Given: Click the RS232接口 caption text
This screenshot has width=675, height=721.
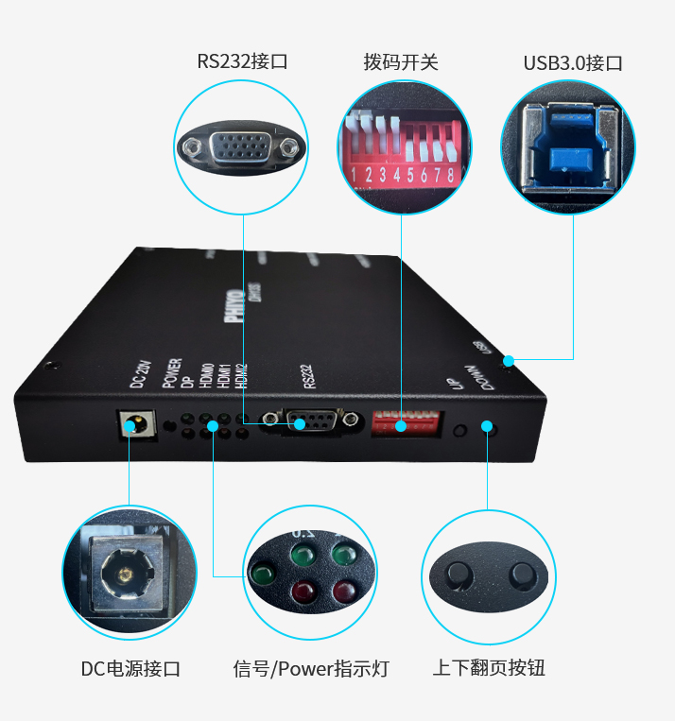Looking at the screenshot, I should tap(242, 62).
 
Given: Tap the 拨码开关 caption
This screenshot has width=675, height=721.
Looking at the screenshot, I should tap(401, 62).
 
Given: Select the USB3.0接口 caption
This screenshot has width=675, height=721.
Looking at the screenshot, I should tap(573, 63).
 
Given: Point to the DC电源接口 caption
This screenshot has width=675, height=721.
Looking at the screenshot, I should tap(130, 669).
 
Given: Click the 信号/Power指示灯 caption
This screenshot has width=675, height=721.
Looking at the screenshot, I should tap(311, 669).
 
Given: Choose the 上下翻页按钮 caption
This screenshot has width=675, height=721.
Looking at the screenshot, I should tap(489, 668).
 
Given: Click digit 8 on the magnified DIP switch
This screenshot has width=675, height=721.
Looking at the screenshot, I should tap(451, 175).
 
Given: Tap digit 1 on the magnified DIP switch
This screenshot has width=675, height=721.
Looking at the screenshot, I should tap(353, 175).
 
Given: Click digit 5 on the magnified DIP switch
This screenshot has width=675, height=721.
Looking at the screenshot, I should tap(410, 175).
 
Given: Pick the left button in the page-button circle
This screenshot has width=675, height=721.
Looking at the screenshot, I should tap(459, 575).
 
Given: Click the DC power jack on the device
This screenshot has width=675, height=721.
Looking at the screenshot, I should tap(137, 423).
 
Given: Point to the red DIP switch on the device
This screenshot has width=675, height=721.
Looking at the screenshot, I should tap(405, 421).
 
